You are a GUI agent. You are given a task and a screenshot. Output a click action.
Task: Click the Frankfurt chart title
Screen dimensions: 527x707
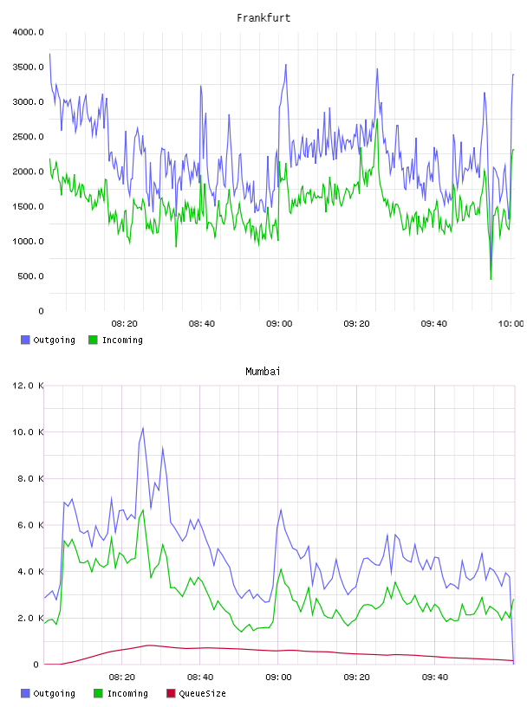point(263,18)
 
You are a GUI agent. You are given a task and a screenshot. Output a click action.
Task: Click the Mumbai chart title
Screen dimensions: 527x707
point(263,372)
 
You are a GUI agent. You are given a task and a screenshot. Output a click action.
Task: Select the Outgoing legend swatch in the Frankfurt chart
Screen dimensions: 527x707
point(25,340)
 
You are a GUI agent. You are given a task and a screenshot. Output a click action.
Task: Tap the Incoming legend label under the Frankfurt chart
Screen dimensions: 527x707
point(122,340)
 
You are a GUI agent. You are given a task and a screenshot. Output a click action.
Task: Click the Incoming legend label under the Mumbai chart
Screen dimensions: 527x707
point(127,693)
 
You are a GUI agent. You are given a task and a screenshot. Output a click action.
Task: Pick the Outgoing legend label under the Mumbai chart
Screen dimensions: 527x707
point(54,693)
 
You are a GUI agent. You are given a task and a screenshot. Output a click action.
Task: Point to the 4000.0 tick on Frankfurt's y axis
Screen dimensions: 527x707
point(28,32)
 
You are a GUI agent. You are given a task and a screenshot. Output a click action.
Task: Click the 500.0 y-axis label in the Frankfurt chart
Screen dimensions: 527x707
point(30,276)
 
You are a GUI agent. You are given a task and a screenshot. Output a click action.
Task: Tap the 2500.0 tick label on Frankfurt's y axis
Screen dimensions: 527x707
point(28,137)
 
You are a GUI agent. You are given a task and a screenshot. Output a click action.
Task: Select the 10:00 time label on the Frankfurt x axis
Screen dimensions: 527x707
point(511,324)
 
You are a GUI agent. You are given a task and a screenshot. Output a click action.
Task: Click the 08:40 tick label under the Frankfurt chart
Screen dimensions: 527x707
point(202,324)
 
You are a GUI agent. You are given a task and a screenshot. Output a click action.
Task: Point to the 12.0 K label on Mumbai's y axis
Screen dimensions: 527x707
point(28,386)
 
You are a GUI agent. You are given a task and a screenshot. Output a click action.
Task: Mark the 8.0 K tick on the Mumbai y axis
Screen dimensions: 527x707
point(30,478)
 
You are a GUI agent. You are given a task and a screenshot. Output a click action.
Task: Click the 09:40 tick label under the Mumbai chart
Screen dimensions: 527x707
point(435,678)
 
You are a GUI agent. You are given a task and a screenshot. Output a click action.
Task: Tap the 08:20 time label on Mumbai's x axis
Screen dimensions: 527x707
point(122,678)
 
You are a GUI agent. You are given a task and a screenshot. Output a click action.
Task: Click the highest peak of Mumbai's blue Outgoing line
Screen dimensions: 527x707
point(143,427)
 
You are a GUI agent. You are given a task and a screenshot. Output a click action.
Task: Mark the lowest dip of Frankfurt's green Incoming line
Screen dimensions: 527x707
point(491,279)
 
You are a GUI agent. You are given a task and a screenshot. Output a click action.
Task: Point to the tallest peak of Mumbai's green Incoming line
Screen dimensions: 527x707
point(143,510)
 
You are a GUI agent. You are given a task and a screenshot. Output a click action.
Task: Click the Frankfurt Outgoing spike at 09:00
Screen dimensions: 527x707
point(286,65)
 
